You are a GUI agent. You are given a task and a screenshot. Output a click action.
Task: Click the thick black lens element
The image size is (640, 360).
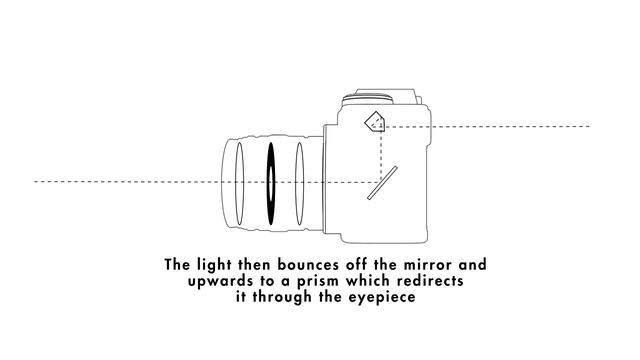[x=270, y=182]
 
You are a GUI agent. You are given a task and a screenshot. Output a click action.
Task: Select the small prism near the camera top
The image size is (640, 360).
[x=374, y=121]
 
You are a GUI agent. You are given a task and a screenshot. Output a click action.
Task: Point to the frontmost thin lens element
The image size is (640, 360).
[x=239, y=182]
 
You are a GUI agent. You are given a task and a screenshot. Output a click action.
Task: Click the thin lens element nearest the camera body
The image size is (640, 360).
[x=300, y=182]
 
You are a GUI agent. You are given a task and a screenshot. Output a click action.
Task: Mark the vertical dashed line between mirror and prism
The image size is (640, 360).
[x=384, y=150]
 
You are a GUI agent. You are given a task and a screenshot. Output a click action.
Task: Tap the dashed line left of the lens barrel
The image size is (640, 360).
[x=120, y=181]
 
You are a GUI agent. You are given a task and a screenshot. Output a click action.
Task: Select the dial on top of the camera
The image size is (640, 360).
[x=366, y=95]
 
